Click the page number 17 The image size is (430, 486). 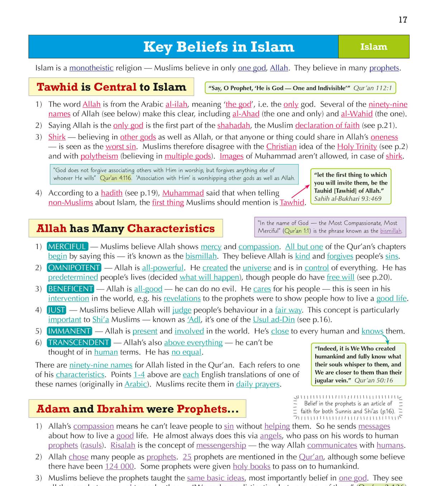pyautogui.click(x=403, y=20)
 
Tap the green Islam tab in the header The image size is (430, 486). pyautogui.click(x=373, y=47)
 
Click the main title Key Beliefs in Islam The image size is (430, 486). pyautogui.click(x=219, y=47)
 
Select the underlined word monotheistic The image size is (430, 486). pyautogui.click(x=91, y=68)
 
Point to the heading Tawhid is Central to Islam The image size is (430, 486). pyautogui.click(x=111, y=87)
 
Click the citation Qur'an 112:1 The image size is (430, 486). pyautogui.click(x=373, y=88)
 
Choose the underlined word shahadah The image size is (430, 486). pyautogui.click(x=234, y=125)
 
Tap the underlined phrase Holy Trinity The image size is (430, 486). pyautogui.click(x=357, y=146)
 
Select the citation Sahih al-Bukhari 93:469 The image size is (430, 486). pyautogui.click(x=348, y=199)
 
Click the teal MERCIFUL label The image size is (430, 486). pyautogui.click(x=67, y=247)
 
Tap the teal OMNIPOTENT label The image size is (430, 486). pyautogui.click(x=74, y=268)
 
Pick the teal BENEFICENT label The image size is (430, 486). pyautogui.click(x=71, y=289)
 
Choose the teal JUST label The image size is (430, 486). pyautogui.click(x=57, y=310)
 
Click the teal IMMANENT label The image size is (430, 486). pyautogui.click(x=70, y=331)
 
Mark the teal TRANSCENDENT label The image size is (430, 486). pyautogui.click(x=78, y=342)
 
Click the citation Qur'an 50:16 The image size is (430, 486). pyautogui.click(x=374, y=380)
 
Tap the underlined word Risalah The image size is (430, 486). pyautogui.click(x=123, y=445)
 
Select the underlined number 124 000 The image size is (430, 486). pyautogui.click(x=119, y=466)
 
